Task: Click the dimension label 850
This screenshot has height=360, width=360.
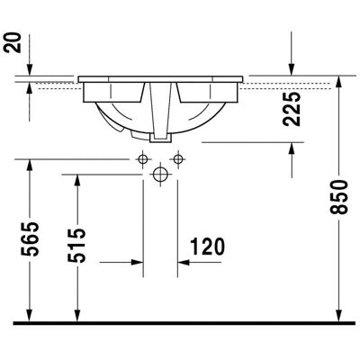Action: pos(339,197)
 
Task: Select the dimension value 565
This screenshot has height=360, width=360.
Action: pos(30,239)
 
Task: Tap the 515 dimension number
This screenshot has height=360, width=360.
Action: pos(76,246)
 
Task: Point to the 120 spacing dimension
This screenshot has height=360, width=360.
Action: pos(208,247)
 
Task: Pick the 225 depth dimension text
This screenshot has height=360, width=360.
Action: pos(292,109)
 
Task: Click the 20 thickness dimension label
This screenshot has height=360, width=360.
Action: pos(13,43)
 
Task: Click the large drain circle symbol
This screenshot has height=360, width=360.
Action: pos(160,174)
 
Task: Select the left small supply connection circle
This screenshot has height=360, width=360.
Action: pos(143,158)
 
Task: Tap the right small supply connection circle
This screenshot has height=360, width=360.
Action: pos(178,158)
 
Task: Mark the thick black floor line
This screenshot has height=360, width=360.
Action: pos(184,323)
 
